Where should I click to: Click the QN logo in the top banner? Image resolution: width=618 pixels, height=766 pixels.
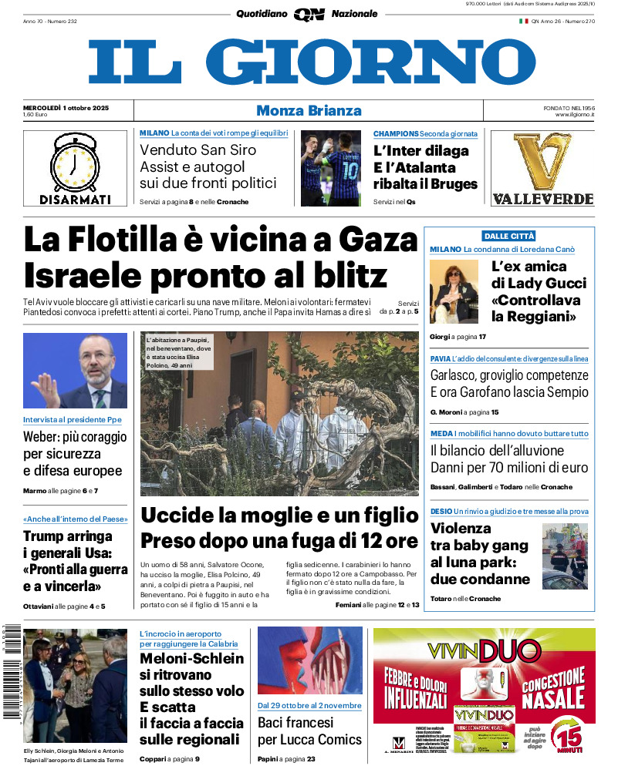coord(309,14)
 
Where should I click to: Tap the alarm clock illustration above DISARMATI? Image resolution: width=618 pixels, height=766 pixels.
coord(75,163)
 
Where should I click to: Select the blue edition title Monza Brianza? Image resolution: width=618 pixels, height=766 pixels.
coord(309,110)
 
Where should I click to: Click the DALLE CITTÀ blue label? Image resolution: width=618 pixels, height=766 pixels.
coord(509,236)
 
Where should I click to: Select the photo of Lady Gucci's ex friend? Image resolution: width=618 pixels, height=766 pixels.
coord(454,291)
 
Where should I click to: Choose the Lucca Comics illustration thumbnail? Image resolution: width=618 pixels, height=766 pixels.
coord(309,660)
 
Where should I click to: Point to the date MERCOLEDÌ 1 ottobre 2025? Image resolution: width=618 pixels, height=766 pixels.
coord(66,107)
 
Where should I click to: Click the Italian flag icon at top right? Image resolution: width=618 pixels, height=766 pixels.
coord(523,21)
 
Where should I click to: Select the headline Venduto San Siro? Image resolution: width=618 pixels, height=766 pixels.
coord(198,150)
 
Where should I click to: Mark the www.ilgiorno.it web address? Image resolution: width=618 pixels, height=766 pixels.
coord(574,115)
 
